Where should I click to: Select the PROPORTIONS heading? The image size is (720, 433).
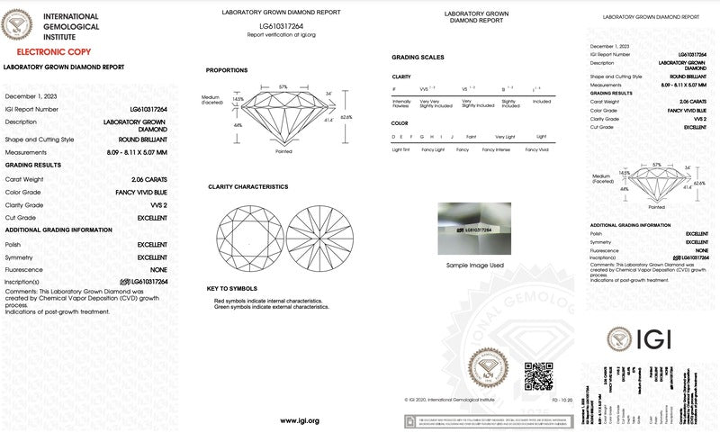pyautogui.click(x=227, y=70)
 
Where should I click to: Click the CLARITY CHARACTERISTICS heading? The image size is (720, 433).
pyautogui.click(x=247, y=186)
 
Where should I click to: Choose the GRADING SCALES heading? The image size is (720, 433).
pyautogui.click(x=418, y=57)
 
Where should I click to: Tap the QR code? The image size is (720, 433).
pyautogui.click(x=537, y=375)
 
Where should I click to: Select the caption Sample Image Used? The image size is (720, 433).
pyautogui.click(x=474, y=266)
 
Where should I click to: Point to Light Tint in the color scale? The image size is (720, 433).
pyautogui.click(x=400, y=148)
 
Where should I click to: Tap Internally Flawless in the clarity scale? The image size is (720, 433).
pyautogui.click(x=401, y=104)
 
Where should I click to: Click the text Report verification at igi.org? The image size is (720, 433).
pyautogui.click(x=281, y=35)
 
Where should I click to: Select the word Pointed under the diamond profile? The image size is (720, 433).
pyautogui.click(x=284, y=151)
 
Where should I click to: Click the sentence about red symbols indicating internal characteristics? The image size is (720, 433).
pyautogui.click(x=266, y=301)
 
